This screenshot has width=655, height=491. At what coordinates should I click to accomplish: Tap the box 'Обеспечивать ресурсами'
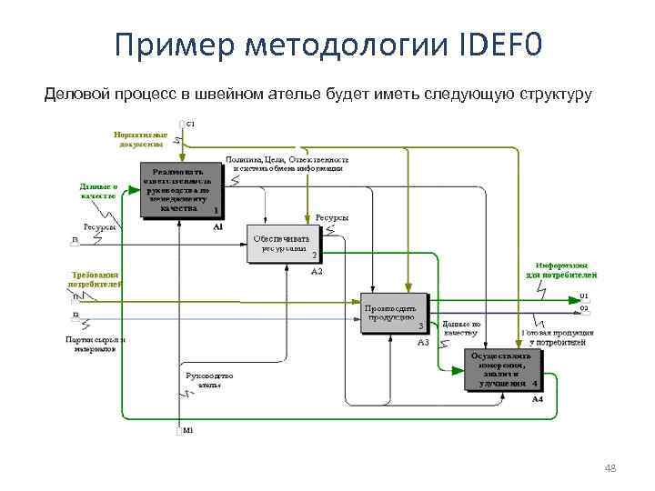(x=284, y=244)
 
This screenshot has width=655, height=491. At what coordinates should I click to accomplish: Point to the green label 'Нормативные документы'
(x=141, y=138)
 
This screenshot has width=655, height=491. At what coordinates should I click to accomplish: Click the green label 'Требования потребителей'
(x=96, y=279)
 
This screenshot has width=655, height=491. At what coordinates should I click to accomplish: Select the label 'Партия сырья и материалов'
(x=96, y=344)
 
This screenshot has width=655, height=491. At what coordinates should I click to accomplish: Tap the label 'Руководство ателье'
(x=210, y=379)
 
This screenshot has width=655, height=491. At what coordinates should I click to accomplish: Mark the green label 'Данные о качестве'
(x=97, y=191)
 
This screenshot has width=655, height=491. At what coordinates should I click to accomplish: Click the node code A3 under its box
(x=423, y=342)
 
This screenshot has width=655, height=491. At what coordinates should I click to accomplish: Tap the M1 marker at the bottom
(x=187, y=430)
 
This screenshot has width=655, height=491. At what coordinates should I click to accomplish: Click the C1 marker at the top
(x=189, y=123)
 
